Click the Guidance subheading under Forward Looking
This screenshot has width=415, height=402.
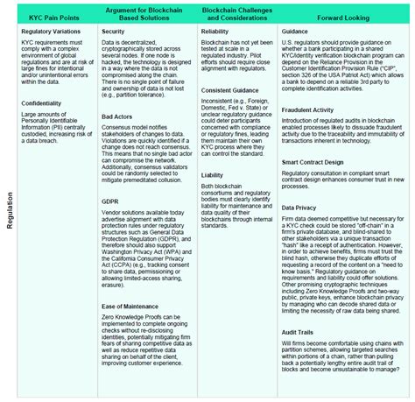(297, 30)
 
